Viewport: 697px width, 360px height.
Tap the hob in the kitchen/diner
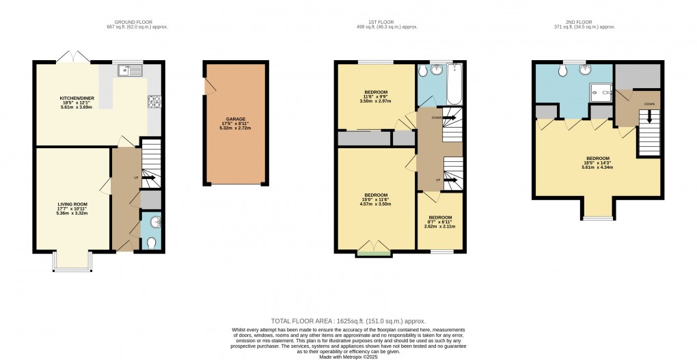[153, 102]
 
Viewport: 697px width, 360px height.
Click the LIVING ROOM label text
[72, 204]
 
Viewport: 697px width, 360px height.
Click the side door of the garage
[210, 86]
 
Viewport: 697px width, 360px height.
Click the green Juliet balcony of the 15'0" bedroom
[373, 254]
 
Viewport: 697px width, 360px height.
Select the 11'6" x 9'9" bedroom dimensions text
[376, 100]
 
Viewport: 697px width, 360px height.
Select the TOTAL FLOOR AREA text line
[348, 320]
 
